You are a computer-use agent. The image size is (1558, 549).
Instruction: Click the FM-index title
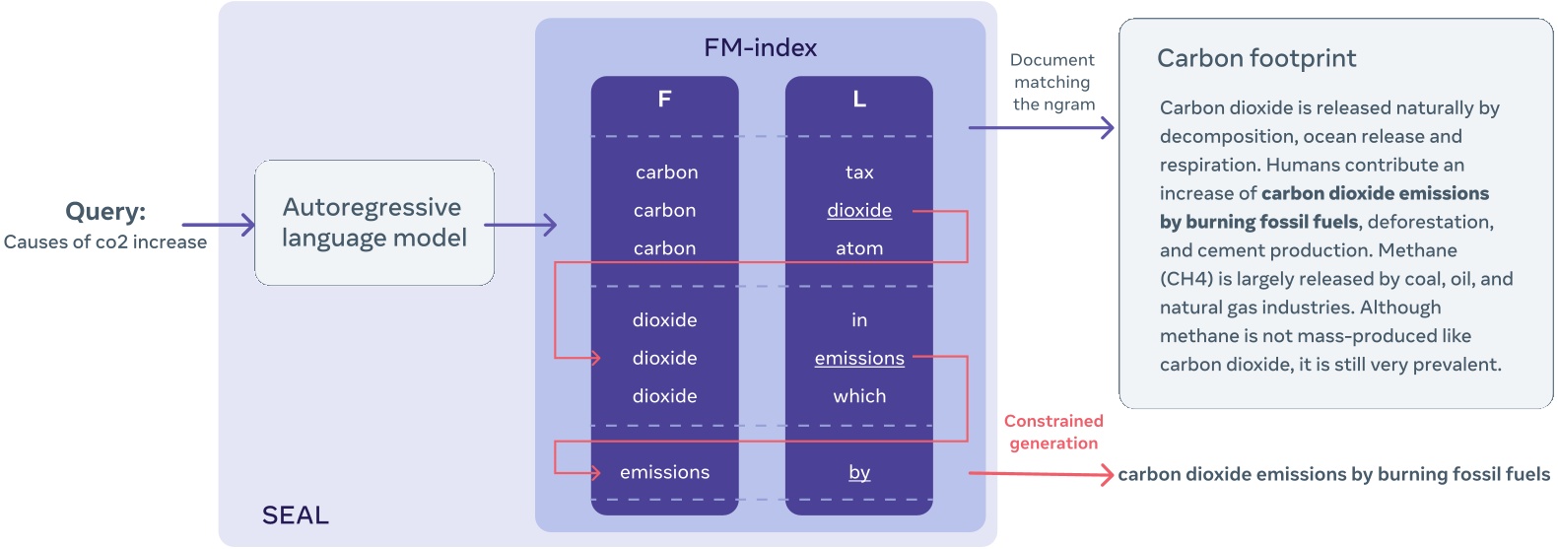(760, 47)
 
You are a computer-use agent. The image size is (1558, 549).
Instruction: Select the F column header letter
(664, 99)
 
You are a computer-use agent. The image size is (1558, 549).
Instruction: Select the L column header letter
(859, 99)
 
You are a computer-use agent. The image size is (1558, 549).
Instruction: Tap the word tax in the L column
(859, 172)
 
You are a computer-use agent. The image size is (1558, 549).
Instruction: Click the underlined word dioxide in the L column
(859, 211)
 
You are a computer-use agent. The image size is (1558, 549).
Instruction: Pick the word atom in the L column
(859, 248)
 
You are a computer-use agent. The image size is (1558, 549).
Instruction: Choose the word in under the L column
(859, 320)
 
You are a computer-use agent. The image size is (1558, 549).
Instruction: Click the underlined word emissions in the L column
(859, 359)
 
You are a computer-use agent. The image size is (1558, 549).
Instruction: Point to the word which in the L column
(859, 396)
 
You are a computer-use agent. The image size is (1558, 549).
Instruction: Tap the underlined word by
(859, 472)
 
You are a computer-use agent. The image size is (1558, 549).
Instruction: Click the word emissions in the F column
(664, 472)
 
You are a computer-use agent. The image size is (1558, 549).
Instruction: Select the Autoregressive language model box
(374, 223)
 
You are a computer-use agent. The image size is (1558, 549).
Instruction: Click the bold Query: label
(105, 211)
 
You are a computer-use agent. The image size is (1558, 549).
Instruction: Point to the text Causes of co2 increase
(105, 241)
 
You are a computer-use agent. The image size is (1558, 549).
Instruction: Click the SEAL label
(295, 515)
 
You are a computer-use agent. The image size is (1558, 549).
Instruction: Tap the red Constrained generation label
(1053, 432)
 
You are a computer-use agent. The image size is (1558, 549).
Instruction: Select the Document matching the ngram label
(1053, 82)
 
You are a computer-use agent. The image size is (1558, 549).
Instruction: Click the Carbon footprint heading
(1256, 58)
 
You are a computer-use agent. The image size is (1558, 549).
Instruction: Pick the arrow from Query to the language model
(218, 225)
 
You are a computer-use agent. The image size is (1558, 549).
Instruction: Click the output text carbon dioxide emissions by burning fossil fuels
(1333, 474)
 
